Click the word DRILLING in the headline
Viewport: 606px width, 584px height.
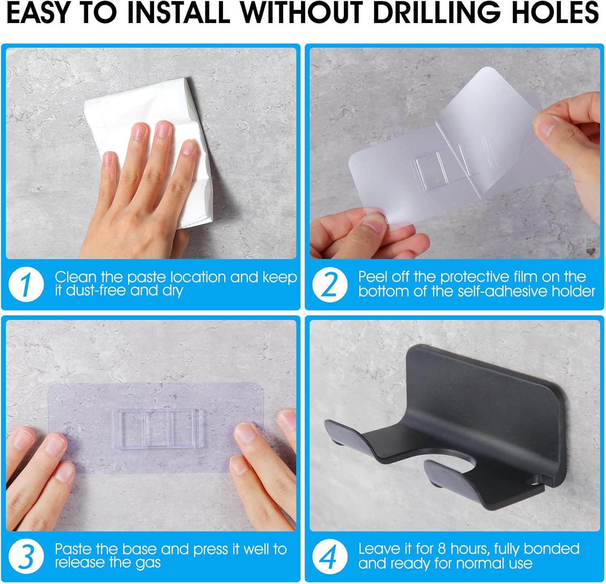[x=436, y=13]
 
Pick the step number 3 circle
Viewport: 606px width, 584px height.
[x=26, y=556]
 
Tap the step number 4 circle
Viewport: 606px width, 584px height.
[x=330, y=556]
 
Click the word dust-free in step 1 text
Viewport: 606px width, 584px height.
[x=96, y=290]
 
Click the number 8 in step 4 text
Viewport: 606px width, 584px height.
[x=442, y=549]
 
